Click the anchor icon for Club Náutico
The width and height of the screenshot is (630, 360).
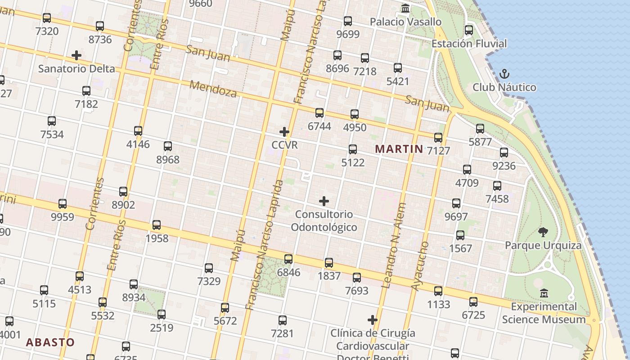pos(504,74)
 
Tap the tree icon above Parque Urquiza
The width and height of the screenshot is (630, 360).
pos(543,232)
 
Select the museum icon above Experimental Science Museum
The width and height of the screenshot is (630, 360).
pos(544,293)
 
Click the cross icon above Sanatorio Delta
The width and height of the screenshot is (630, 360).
pos(76,55)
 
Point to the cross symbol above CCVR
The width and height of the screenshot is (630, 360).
pos(284,132)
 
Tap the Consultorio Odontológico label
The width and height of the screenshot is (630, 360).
pos(324,220)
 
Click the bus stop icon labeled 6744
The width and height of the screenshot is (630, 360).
pos(319,112)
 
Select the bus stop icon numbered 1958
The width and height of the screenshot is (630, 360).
pos(157,225)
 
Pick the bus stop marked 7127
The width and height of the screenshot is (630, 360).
pos(438,137)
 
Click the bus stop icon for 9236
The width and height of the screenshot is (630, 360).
pos(504,152)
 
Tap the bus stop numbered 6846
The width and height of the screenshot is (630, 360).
pos(288,259)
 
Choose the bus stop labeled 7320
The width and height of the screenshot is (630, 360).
pos(47,18)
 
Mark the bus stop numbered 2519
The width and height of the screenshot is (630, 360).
pos(162,314)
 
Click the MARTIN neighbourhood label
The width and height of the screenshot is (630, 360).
pos(399,149)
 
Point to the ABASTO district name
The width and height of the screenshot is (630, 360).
pos(50,342)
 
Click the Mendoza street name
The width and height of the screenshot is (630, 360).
pos(213,89)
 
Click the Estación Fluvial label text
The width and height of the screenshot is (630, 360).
pos(469,44)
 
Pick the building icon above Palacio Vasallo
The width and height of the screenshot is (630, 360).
pos(405,9)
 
